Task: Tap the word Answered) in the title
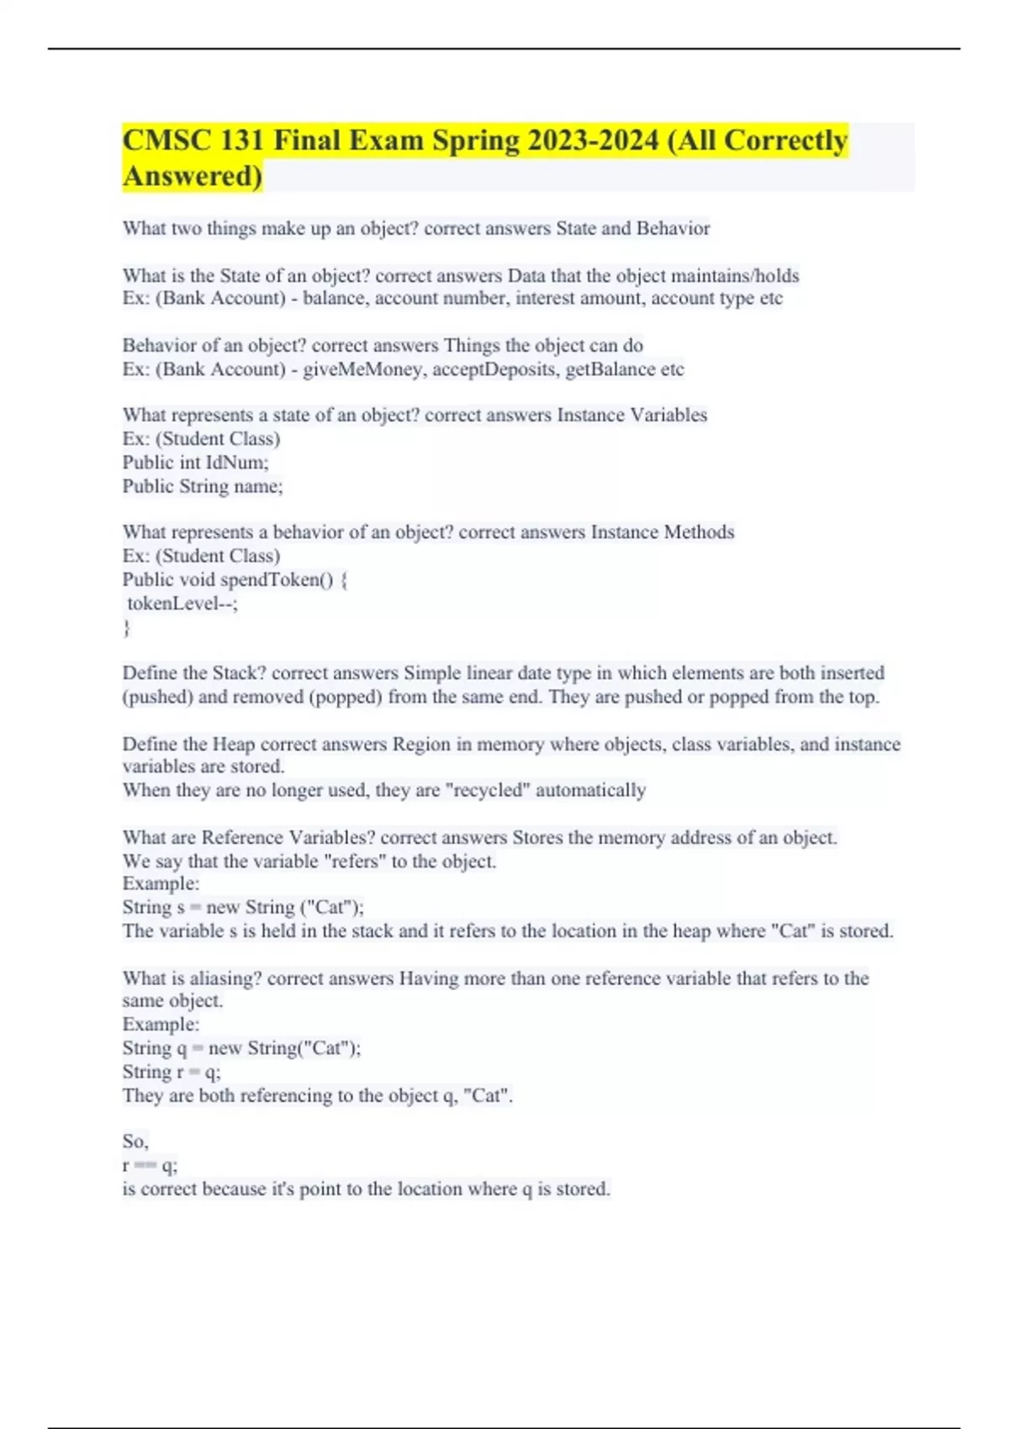click(x=193, y=177)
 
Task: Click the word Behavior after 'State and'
click(x=673, y=229)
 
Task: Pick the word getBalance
click(x=611, y=369)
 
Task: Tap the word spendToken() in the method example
click(x=277, y=579)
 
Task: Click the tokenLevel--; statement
click(x=182, y=603)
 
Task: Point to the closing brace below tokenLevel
click(x=127, y=627)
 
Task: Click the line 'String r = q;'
click(x=172, y=1072)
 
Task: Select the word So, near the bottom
click(x=135, y=1142)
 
